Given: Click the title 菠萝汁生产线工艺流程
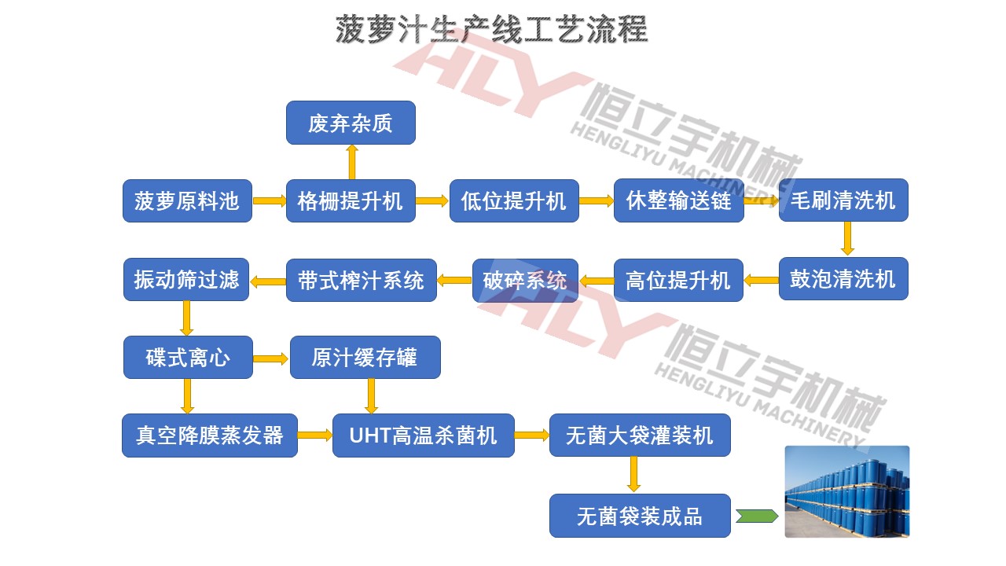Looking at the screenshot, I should coord(491,29).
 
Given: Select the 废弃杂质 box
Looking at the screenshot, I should coord(350,123).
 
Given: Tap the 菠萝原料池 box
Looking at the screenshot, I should coord(187,201).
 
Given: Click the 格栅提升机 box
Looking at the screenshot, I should coord(350,201).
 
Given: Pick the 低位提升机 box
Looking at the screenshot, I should coord(514,201).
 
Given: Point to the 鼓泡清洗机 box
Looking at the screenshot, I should coord(843,278).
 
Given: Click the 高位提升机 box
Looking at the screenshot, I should coord(677,280).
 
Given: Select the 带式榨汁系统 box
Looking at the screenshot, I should coord(361,280).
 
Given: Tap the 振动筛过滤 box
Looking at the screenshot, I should coord(186,279).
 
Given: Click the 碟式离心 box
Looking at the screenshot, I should coord(188,358).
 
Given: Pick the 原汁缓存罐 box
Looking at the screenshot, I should coord(365,358).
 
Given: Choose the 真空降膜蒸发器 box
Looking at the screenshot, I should coord(210,435).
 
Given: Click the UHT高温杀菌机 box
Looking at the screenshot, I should coord(423,435).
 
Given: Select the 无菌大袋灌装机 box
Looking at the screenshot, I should coord(640,435).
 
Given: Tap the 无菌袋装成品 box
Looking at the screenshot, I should coord(640,516).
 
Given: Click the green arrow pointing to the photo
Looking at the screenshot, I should coord(757,516).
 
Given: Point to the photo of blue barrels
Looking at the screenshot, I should coord(846,491).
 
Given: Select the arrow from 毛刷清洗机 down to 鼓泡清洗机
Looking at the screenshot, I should coord(846,238).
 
